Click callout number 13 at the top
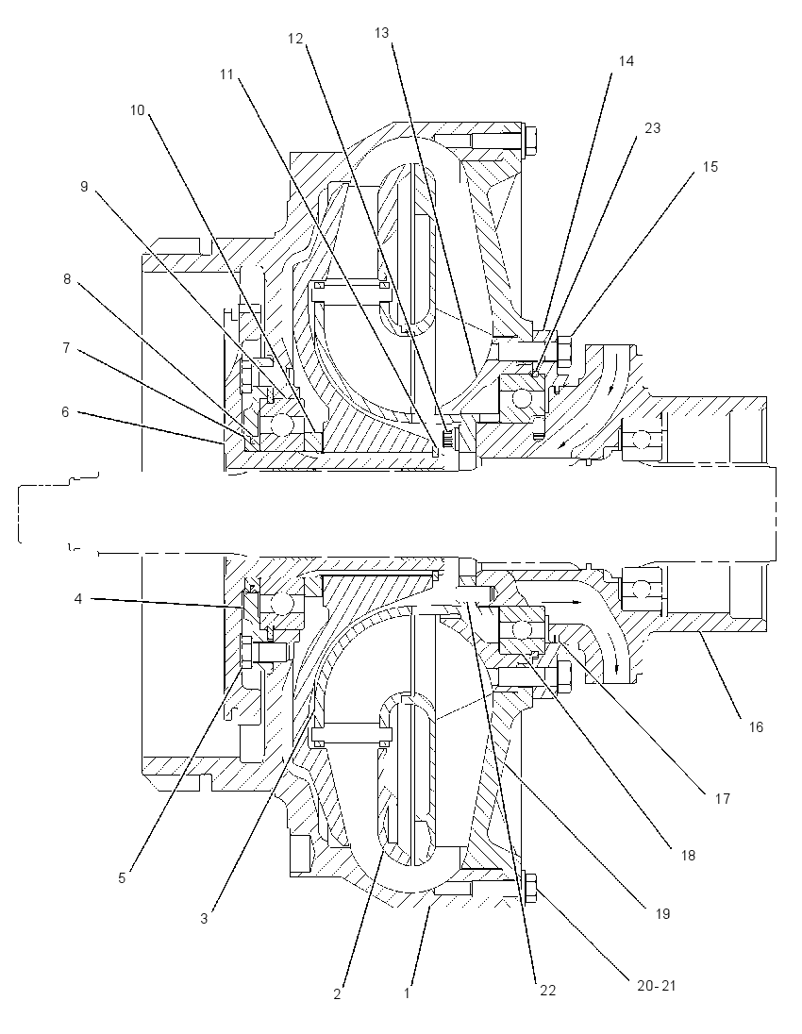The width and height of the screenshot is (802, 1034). pos(382,32)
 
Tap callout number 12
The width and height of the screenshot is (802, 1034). pos(294,39)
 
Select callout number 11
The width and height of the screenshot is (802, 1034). pos(226,75)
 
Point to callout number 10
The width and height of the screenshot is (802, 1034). pos(137,110)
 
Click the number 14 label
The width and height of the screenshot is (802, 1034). pos(626,60)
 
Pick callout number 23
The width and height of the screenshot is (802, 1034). pos(652,128)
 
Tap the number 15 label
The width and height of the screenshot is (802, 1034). pos(710,167)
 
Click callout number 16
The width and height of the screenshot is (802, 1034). pos(756,726)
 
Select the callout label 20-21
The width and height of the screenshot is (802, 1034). pos(657,986)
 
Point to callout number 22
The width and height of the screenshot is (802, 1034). pos(548,990)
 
